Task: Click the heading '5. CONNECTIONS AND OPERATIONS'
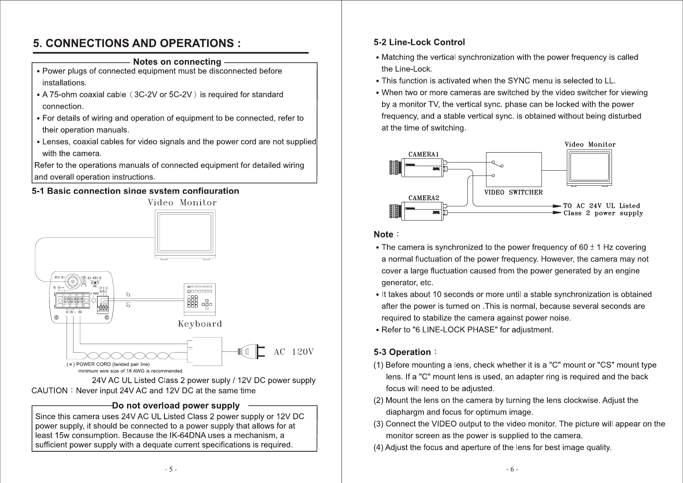click(137, 43)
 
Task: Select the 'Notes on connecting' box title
click(177, 62)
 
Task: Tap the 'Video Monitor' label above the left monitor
click(182, 203)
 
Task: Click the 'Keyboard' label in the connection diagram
click(200, 324)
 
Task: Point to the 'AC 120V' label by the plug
click(294, 352)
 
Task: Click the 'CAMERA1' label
click(424, 154)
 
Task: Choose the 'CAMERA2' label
click(424, 198)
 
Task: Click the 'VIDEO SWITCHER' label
click(514, 193)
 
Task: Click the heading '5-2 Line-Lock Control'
click(419, 42)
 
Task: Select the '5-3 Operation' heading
click(402, 352)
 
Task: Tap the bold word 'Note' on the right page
click(383, 235)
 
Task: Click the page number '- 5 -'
click(171, 470)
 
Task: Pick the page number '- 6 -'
click(512, 470)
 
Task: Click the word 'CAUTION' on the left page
click(50, 391)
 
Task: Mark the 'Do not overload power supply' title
click(176, 406)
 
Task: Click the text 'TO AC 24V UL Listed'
click(601, 206)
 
